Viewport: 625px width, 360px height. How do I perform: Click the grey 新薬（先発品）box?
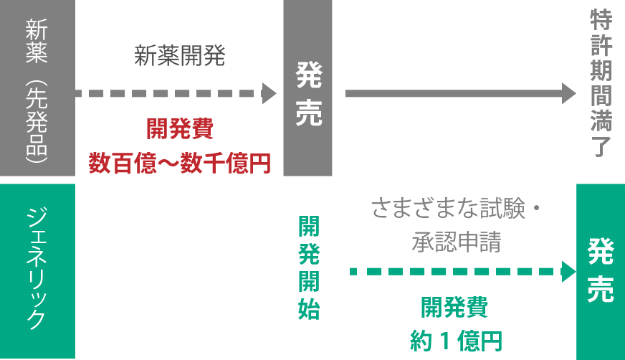point(37,88)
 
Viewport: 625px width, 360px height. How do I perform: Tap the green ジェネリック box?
point(37,270)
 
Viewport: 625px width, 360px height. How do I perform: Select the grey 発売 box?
point(307,88)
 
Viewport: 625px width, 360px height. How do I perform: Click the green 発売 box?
point(601,270)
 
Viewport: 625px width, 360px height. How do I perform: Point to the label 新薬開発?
point(179,57)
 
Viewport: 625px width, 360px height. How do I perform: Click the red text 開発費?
point(179,130)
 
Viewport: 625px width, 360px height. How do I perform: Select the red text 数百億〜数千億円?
point(179,163)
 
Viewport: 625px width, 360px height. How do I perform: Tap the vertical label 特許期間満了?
point(601,83)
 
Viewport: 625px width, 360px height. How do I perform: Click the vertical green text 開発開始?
point(309,267)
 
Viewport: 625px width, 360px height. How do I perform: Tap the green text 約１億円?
point(455,339)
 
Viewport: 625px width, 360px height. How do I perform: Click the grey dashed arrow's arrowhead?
point(269,93)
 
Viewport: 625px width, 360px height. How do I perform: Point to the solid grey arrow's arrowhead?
point(569,93)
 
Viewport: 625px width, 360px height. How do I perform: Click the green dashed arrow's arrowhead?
point(569,272)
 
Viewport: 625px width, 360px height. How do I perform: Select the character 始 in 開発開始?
point(309,310)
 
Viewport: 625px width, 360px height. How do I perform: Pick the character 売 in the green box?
point(601,290)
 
